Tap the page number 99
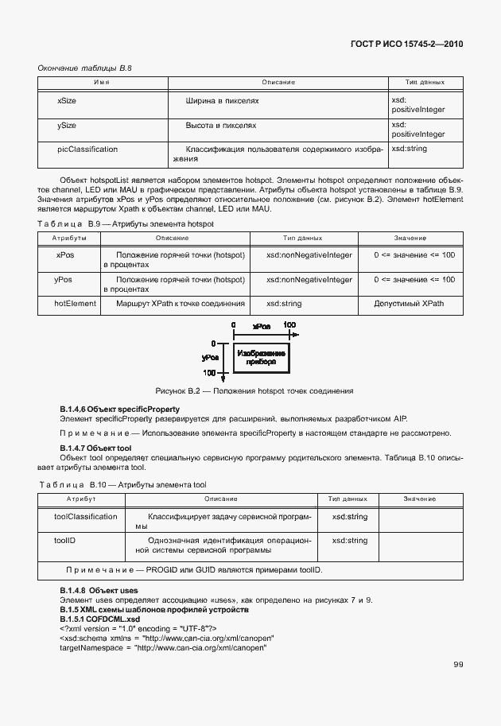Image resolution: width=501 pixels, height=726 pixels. pyautogui.click(x=458, y=664)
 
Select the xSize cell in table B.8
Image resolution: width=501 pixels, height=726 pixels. pyautogui.click(x=67, y=102)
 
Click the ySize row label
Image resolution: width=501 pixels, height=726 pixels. pyautogui.click(x=67, y=126)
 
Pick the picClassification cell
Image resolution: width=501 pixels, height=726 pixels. pyautogui.click(x=87, y=149)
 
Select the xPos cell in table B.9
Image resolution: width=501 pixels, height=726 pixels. pyautogui.click(x=64, y=255)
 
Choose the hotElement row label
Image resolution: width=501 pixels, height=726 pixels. pyautogui.click(x=75, y=303)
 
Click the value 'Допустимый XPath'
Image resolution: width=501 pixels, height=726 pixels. pyautogui.click(x=409, y=303)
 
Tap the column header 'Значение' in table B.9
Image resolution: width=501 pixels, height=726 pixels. pyautogui.click(x=410, y=238)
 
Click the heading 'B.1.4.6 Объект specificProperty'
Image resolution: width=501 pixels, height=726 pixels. pyautogui.click(x=116, y=408)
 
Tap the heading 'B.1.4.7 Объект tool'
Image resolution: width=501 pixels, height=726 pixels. pyautogui.click(x=96, y=448)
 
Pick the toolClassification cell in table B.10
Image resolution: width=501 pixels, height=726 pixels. pyautogui.click(x=86, y=516)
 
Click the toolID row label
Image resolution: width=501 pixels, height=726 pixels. pyautogui.click(x=64, y=540)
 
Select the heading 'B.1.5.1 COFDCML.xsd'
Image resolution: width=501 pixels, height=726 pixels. pyautogui.click(x=99, y=619)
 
